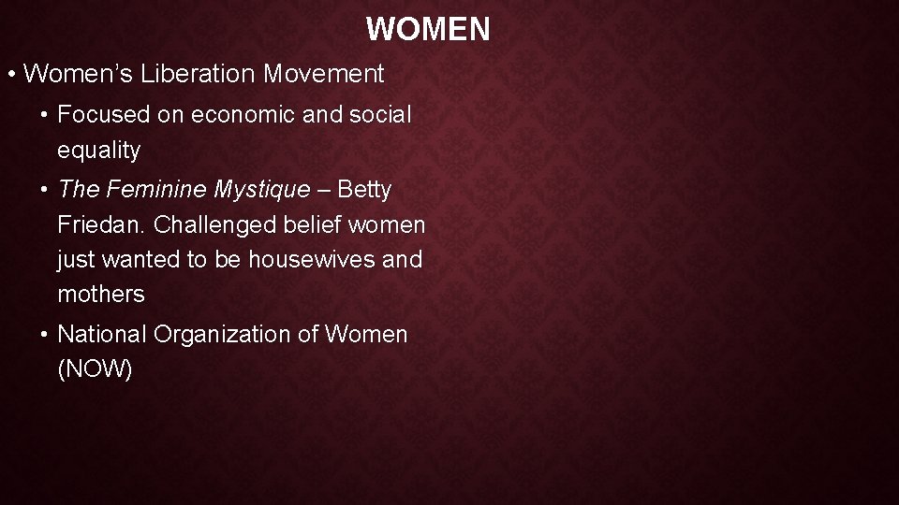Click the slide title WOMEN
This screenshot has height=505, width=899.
428,29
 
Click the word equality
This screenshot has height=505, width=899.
98,151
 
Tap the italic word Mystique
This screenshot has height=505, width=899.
261,190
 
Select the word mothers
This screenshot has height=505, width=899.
101,295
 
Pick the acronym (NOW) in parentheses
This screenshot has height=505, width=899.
95,369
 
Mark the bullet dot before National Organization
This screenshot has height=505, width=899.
45,335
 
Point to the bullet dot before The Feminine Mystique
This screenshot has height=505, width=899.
45,190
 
